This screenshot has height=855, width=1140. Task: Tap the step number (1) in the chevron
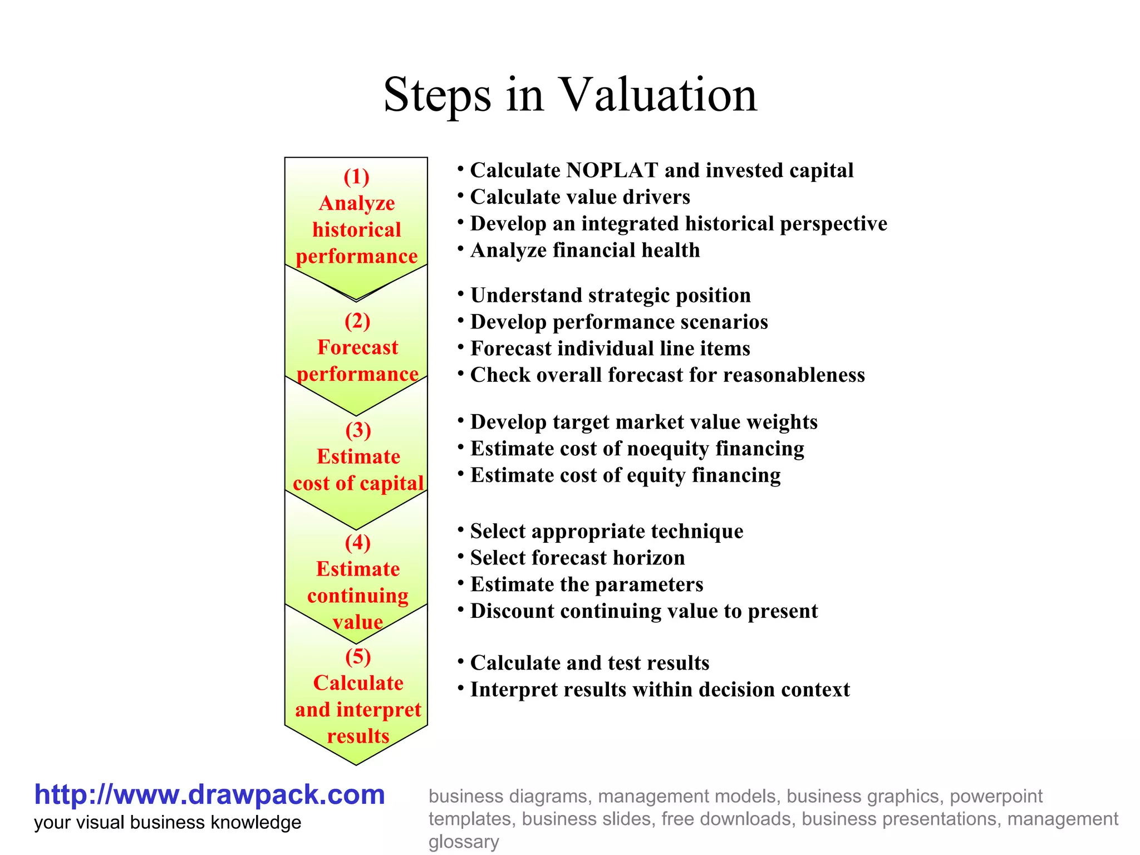pyautogui.click(x=356, y=177)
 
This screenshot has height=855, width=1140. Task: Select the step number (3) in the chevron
pyautogui.click(x=358, y=430)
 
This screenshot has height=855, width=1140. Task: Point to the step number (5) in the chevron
pyautogui.click(x=358, y=657)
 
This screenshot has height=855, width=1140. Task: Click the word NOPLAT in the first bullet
pyautogui.click(x=612, y=170)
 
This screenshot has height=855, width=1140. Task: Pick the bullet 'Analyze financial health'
pyautogui.click(x=585, y=250)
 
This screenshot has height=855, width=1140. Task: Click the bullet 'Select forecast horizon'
pyautogui.click(x=577, y=558)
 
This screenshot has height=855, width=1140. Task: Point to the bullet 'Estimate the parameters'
pyautogui.click(x=587, y=584)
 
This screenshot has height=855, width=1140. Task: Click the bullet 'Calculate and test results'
pyautogui.click(x=589, y=663)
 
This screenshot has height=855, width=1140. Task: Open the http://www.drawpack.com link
pyautogui.click(x=209, y=794)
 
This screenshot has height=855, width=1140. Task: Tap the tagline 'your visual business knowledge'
pyautogui.click(x=168, y=823)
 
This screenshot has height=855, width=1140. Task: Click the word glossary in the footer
pyautogui.click(x=464, y=842)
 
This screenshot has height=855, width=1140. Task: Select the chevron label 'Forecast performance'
pyautogui.click(x=357, y=361)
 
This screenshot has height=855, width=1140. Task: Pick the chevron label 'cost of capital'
pyautogui.click(x=358, y=483)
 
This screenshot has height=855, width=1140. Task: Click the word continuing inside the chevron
pyautogui.click(x=357, y=596)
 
